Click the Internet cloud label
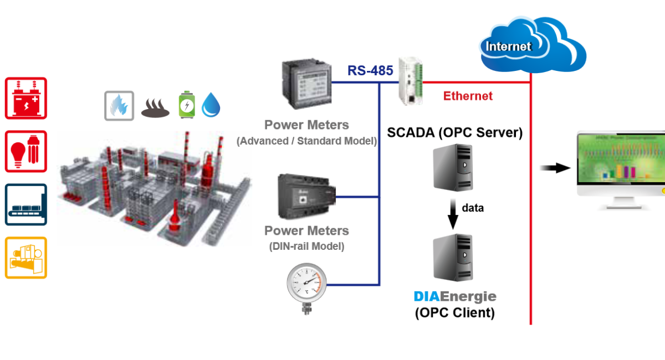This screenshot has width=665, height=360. tap(509, 47)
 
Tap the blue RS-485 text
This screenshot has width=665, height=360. tap(370, 71)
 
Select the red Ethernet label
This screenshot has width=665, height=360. tap(468, 96)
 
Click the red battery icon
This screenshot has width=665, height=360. tap(26, 98)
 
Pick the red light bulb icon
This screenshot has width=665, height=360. tap(26, 151)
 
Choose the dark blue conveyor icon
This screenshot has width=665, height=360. tap(26, 204)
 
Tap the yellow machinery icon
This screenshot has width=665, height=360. tap(26, 258)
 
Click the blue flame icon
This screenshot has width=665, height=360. tap(119, 106)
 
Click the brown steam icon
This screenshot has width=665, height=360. tap(155, 108)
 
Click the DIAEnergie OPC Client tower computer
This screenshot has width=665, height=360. tap(453, 258)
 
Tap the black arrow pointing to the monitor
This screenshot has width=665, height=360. tap(555, 168)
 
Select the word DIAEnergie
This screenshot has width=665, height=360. tap(455, 296)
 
